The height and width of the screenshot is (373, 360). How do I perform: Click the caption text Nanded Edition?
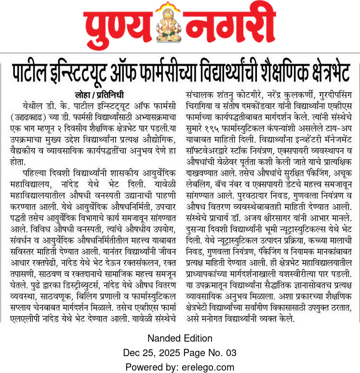[x=180, y=338]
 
